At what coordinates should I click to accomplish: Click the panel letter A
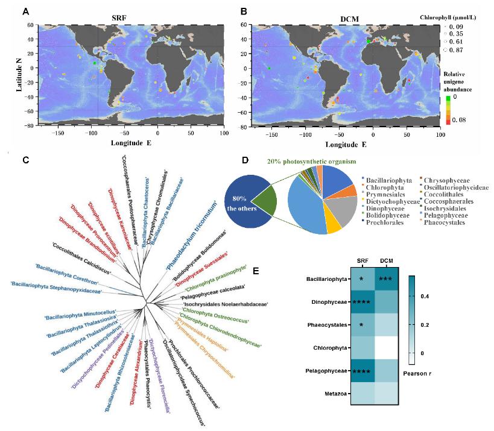(x=25, y=11)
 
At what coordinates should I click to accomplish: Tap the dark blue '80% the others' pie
(x=244, y=200)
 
